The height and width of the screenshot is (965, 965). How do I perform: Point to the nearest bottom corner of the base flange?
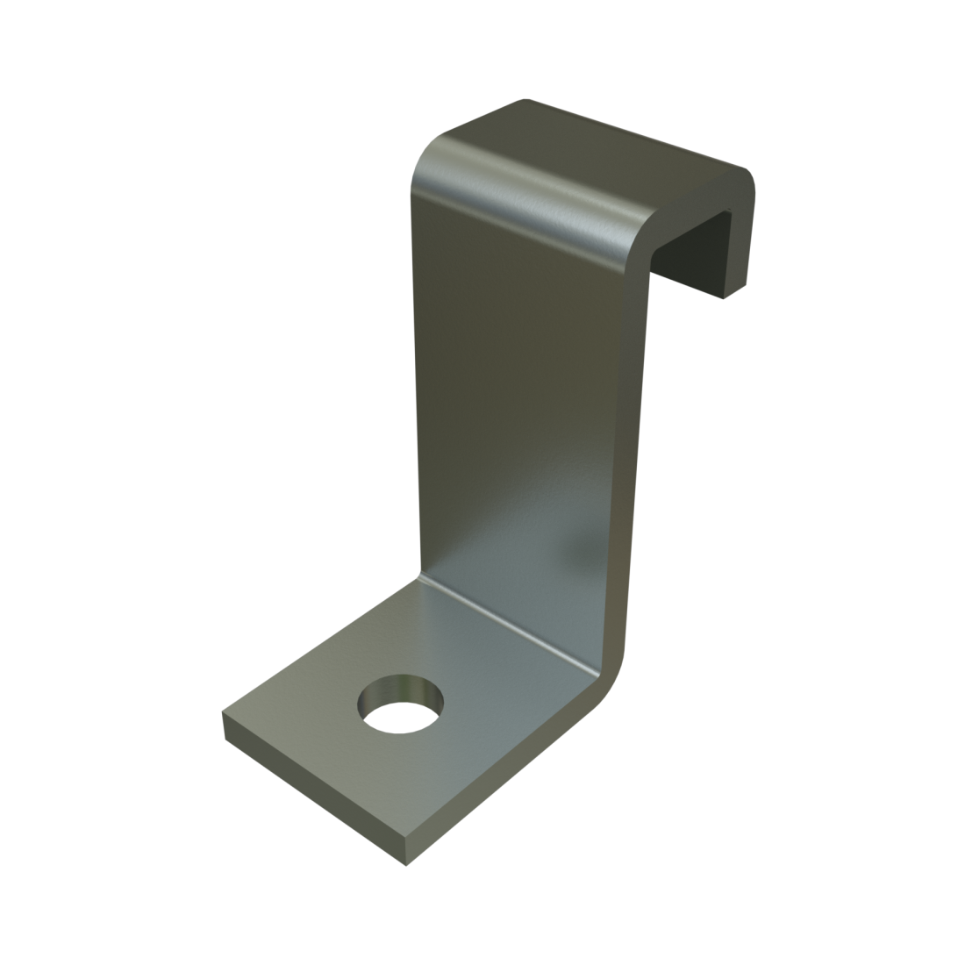[x=406, y=865]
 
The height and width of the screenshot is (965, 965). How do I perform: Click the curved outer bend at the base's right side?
[x=614, y=667]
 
